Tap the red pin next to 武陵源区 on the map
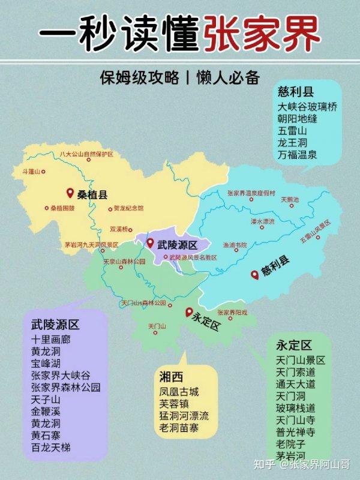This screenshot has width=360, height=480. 150,243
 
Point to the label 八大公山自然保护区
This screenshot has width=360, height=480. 86,154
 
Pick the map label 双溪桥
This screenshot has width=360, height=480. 119,229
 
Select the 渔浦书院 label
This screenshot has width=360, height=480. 235,245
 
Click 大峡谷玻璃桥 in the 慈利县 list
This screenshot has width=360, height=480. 307,106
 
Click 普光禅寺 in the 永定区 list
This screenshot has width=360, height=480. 296,431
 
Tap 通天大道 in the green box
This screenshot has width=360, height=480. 296,384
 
